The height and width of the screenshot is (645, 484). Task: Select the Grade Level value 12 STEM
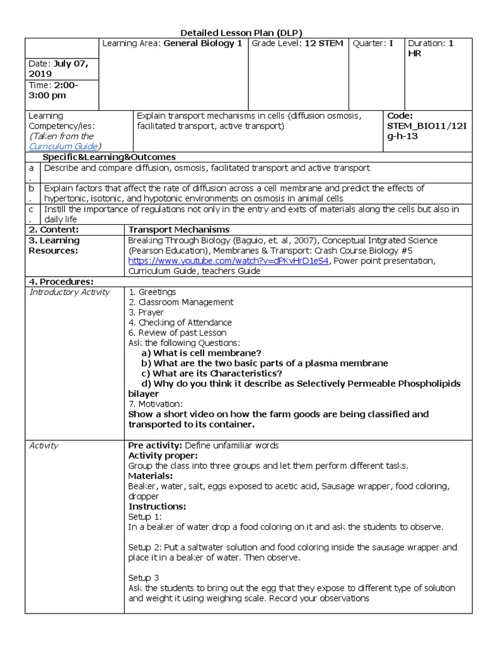click(323, 43)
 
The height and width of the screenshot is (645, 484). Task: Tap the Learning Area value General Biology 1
click(204, 43)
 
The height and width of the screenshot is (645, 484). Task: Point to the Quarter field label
click(369, 43)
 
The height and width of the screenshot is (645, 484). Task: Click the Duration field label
click(427, 43)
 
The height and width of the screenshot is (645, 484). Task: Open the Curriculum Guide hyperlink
click(62, 146)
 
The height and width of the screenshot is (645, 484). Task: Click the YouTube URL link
click(228, 261)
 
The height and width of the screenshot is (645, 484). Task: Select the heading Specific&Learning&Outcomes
click(108, 157)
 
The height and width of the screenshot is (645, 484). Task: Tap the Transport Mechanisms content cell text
click(179, 229)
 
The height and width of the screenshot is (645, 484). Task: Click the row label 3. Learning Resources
click(54, 245)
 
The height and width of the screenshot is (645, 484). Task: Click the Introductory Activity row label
click(69, 292)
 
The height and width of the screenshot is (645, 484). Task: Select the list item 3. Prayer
click(146, 312)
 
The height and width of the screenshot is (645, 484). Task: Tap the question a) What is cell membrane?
click(201, 353)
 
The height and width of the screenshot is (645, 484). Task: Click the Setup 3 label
click(144, 577)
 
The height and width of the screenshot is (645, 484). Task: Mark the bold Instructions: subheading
click(157, 506)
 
